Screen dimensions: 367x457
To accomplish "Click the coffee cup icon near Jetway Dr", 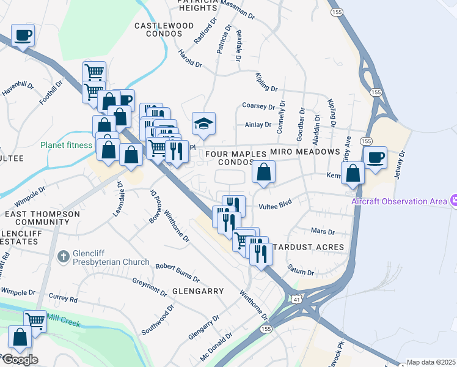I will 375,157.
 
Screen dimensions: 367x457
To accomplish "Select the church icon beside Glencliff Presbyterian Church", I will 62,256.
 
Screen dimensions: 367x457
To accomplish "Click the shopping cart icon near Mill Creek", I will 35,320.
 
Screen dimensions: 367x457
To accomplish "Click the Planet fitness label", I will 67,146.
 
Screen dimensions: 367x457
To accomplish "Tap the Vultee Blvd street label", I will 276,203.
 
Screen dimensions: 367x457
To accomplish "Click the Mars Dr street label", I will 323,232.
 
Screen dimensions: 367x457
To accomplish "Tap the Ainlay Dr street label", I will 257,125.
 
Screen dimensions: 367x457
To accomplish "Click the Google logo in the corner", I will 20,359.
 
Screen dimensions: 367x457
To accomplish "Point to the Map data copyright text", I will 430,362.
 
